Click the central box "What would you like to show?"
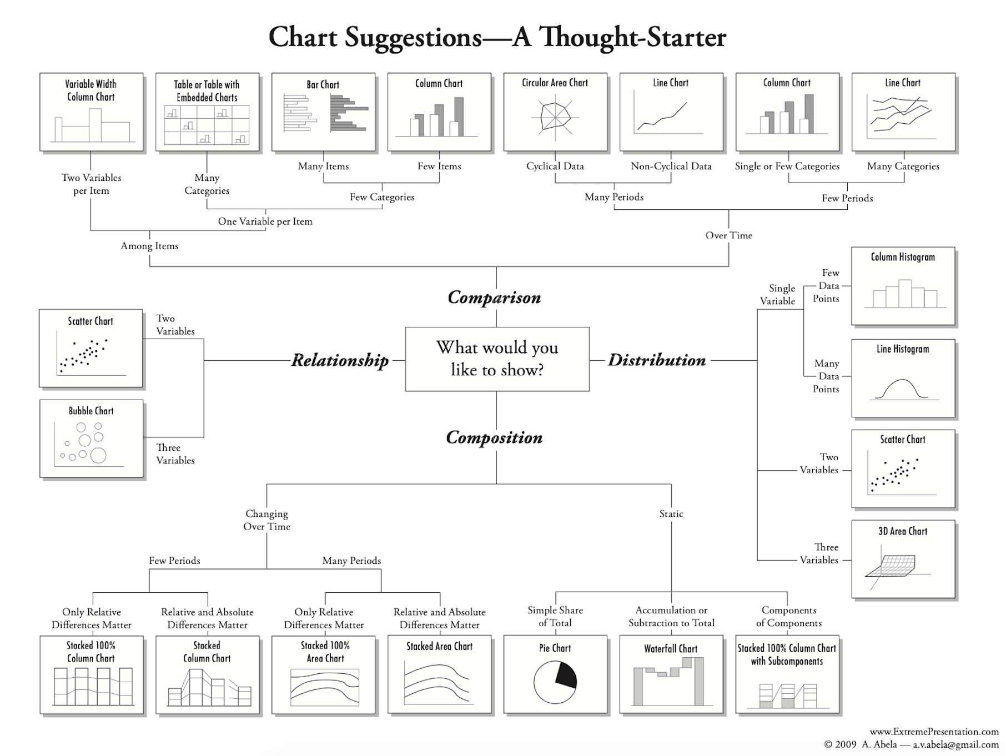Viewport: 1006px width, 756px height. click(x=497, y=359)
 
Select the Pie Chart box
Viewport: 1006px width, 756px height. click(x=555, y=674)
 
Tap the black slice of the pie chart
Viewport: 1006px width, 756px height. click(x=566, y=675)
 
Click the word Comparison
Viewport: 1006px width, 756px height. click(x=494, y=298)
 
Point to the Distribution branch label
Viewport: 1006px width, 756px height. click(x=657, y=360)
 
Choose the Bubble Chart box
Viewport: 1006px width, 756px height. click(x=91, y=439)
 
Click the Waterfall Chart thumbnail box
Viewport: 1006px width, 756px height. click(x=671, y=674)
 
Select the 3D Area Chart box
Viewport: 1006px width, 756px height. click(x=903, y=559)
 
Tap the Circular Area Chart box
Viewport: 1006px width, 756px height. click(x=555, y=112)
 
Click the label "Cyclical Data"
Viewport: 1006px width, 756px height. click(x=555, y=166)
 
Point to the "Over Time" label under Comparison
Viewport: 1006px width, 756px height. click(x=728, y=235)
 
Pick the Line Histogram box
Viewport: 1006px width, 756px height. click(x=903, y=378)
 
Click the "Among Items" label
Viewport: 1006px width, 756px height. click(x=149, y=246)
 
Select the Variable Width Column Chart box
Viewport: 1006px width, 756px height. click(x=91, y=112)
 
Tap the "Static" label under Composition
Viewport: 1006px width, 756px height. click(x=671, y=514)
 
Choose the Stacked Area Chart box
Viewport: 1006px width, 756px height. click(x=439, y=674)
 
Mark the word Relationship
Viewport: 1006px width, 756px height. click(x=340, y=360)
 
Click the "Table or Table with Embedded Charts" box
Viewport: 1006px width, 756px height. click(x=207, y=112)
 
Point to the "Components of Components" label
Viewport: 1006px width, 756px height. click(x=788, y=617)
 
